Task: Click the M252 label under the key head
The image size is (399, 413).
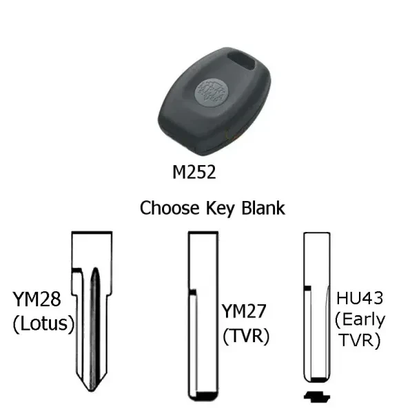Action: point(194,172)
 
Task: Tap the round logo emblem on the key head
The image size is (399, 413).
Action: point(212,93)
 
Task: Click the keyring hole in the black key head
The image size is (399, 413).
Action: point(241,61)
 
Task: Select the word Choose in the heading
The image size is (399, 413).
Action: point(170,208)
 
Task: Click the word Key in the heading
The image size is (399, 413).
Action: point(221,209)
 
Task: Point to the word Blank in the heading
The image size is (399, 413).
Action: point(263,208)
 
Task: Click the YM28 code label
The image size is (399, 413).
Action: point(37,299)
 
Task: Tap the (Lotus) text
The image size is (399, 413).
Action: point(44,324)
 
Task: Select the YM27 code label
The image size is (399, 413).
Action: point(244,311)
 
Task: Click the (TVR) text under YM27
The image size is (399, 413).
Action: point(246,336)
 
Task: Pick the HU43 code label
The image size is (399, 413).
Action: point(360,299)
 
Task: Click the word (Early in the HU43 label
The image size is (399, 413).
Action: point(360,321)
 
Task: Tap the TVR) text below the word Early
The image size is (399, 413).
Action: point(360,340)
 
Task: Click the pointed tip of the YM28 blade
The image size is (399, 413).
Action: point(92,391)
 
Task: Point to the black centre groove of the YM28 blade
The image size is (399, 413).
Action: point(97,329)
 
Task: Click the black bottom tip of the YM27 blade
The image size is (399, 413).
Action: point(207,396)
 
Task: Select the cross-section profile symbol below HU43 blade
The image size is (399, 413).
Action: point(317,396)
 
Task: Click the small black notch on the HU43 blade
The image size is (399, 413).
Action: point(307,288)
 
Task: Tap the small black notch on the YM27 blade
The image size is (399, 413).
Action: point(192,292)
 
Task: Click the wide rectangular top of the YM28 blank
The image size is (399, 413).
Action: point(92,250)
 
